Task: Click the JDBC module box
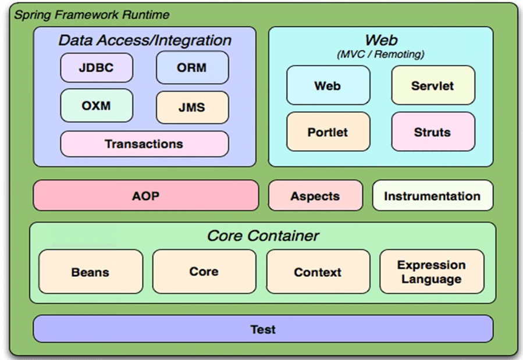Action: pyautogui.click(x=97, y=67)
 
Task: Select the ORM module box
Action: pyautogui.click(x=193, y=67)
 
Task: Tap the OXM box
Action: pyautogui.click(x=97, y=106)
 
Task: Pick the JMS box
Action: pyautogui.click(x=193, y=108)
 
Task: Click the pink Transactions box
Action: pyautogui.click(x=144, y=144)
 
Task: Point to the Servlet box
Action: pyautogui.click(x=433, y=85)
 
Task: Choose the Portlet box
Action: pyautogui.click(x=328, y=131)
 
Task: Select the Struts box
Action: pyautogui.click(x=433, y=131)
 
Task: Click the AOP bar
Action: pyautogui.click(x=146, y=195)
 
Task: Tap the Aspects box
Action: pyautogui.click(x=315, y=195)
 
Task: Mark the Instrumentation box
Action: pyautogui.click(x=433, y=195)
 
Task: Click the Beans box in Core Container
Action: pyautogui.click(x=91, y=272)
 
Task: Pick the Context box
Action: pyautogui.click(x=318, y=272)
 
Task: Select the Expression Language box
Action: pyautogui.click(x=432, y=272)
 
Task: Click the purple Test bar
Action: pyautogui.click(x=263, y=329)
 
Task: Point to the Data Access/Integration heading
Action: pyautogui.click(x=145, y=40)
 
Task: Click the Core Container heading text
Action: pyautogui.click(x=263, y=236)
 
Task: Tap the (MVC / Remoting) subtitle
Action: pyautogui.click(x=380, y=54)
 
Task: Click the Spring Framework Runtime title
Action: pyautogui.click(x=92, y=15)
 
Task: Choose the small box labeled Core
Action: pyautogui.click(x=204, y=272)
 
